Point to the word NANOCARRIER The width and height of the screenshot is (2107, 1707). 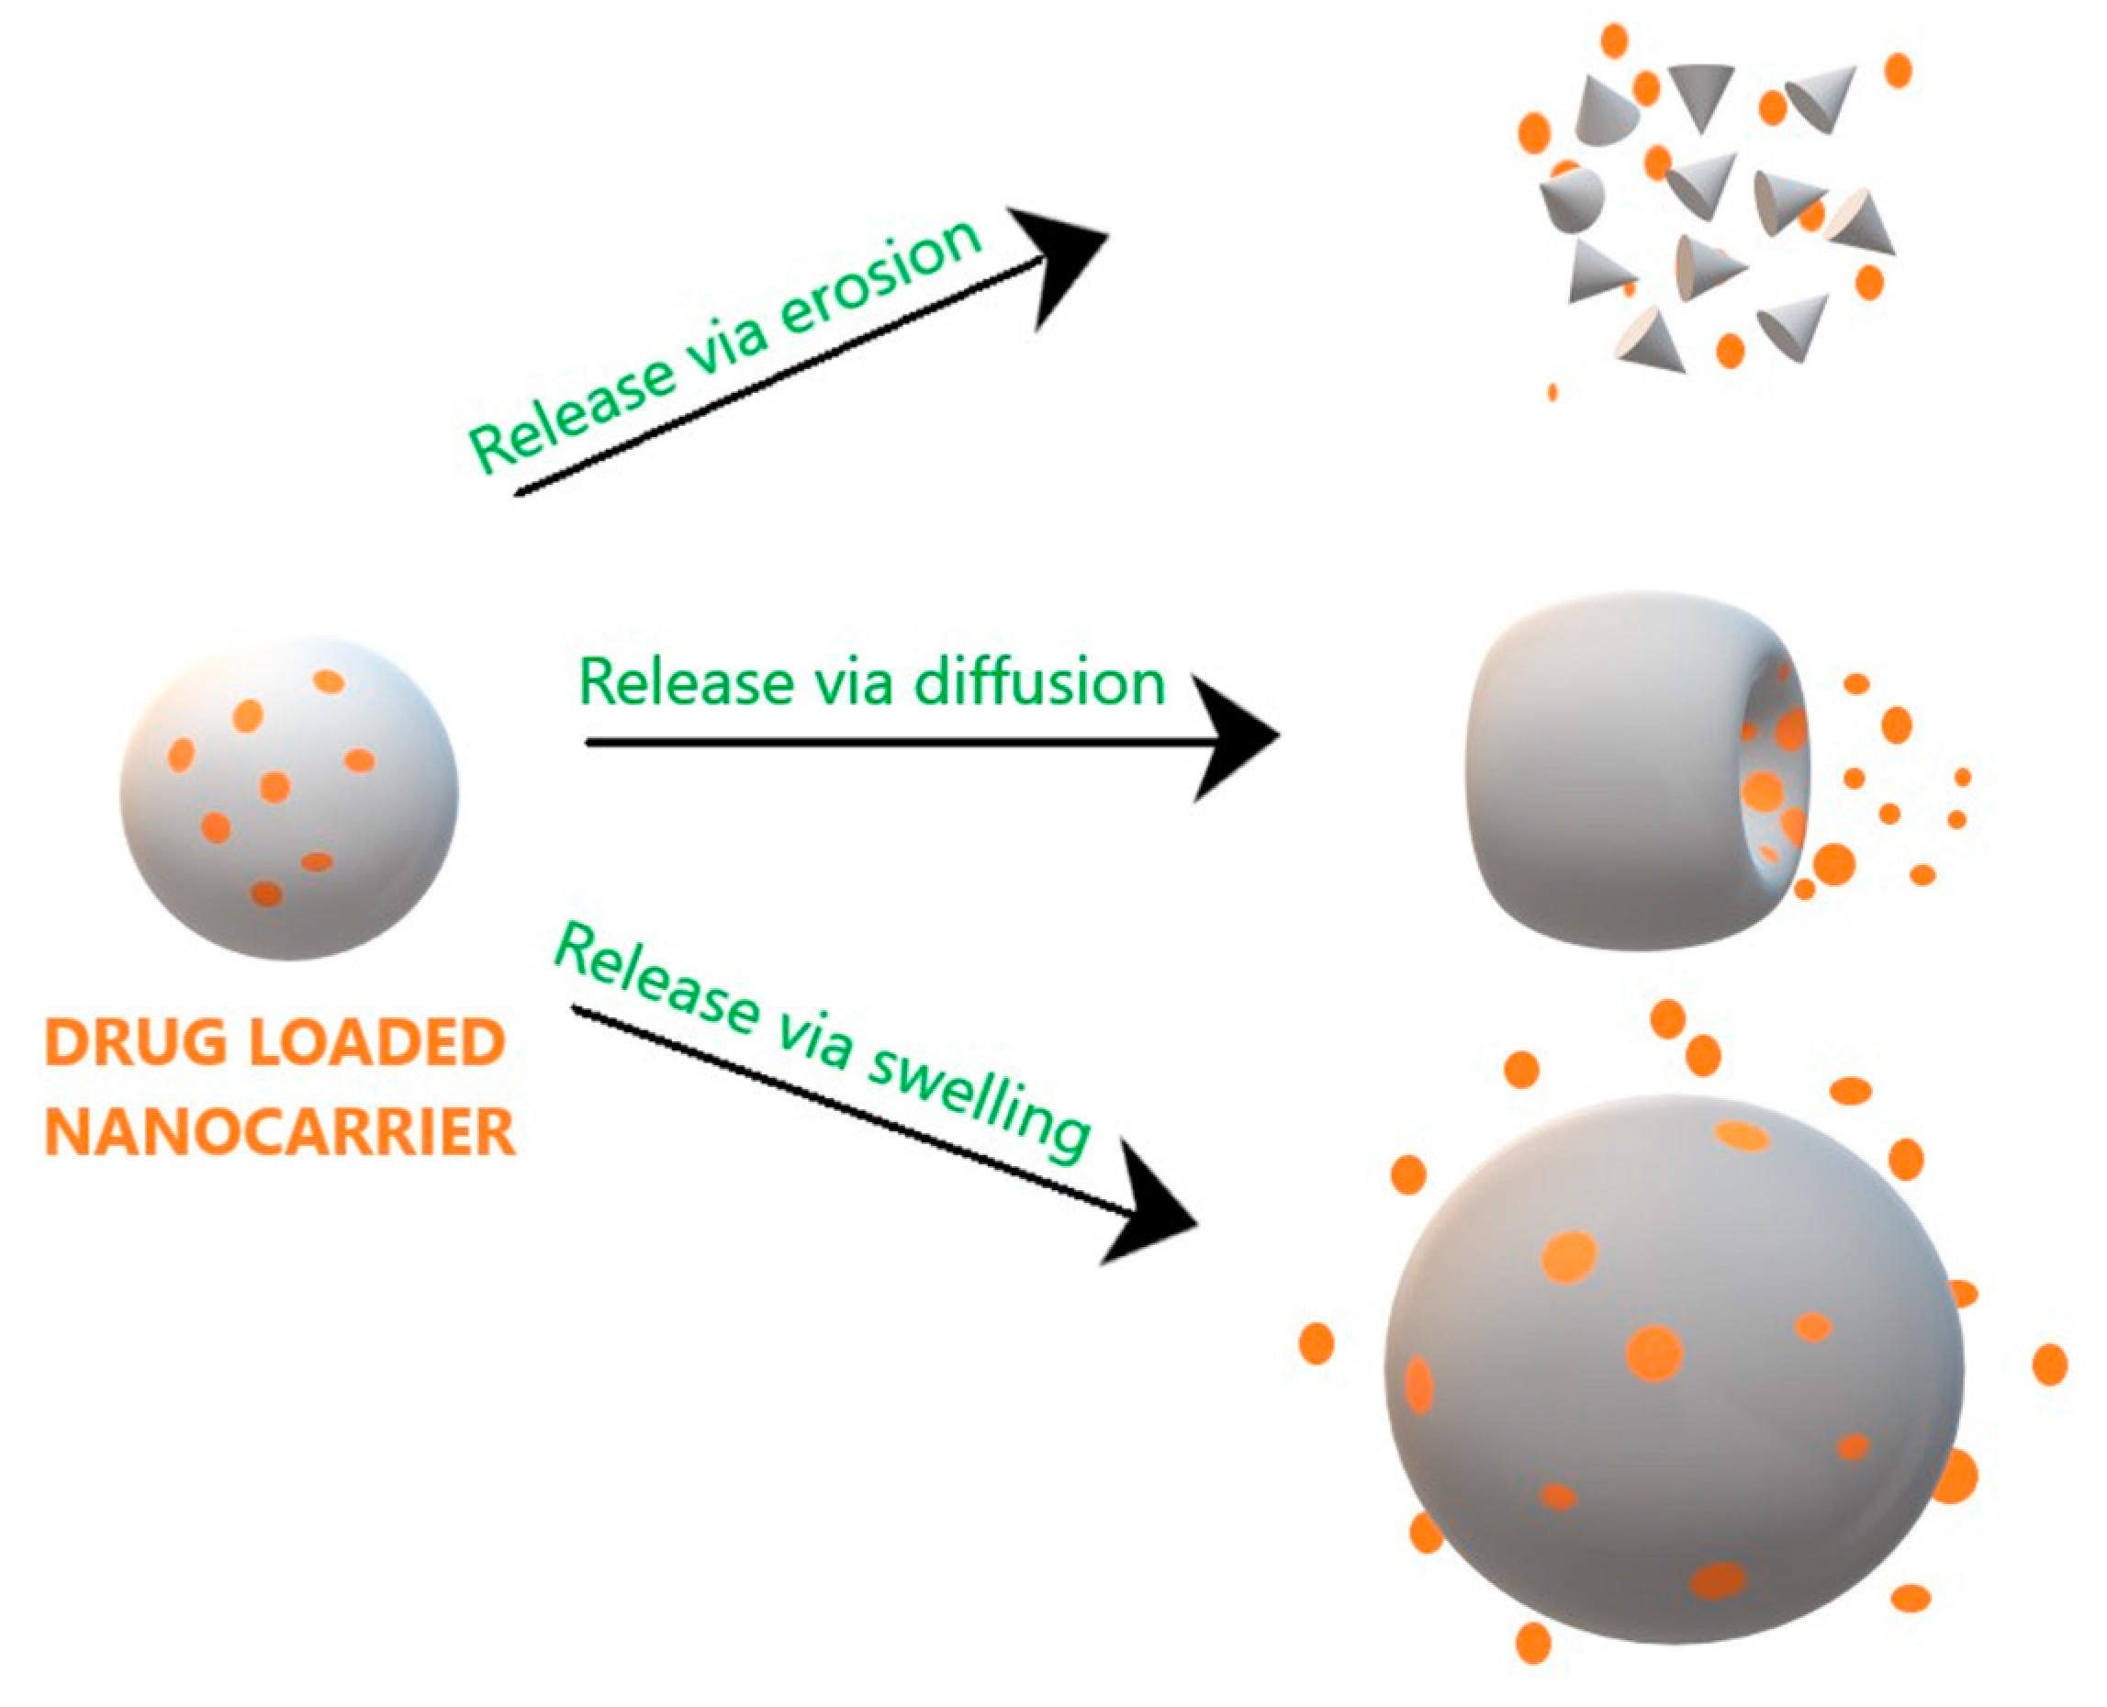click(280, 1134)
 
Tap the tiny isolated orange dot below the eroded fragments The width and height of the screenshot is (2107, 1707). click(1552, 392)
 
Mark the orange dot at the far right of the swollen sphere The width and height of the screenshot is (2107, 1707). click(2049, 1364)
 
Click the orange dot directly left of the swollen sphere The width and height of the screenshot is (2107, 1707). click(1316, 1343)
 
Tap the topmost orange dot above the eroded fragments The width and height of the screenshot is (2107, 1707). click(1614, 41)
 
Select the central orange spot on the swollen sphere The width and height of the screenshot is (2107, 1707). click(1653, 1353)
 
